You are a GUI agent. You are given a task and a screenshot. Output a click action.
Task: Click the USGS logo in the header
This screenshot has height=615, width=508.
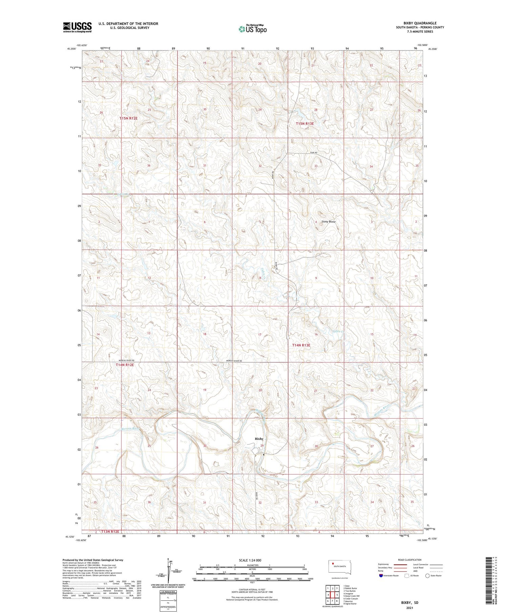pyautogui.click(x=77, y=27)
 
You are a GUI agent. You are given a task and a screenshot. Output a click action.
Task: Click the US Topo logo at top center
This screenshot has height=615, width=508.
pyautogui.click(x=252, y=29)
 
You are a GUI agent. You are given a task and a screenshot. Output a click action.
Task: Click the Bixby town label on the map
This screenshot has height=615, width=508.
pyautogui.click(x=259, y=439)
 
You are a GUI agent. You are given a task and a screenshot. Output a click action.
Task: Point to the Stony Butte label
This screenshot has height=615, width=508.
pyautogui.click(x=328, y=222)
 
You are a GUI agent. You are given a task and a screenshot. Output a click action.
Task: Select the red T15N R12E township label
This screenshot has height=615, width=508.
pyautogui.click(x=129, y=118)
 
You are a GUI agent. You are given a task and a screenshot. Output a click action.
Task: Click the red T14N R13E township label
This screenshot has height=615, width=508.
pyautogui.click(x=301, y=345)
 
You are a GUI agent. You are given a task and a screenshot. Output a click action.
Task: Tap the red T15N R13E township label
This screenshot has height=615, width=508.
pyautogui.click(x=305, y=123)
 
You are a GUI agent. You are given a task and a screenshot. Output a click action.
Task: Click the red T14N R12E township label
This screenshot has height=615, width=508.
pyautogui.click(x=125, y=365)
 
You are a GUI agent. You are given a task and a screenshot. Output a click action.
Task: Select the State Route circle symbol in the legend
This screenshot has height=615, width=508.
pyautogui.click(x=427, y=575)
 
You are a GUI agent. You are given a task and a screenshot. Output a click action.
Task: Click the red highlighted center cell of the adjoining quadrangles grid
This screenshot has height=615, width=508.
pyautogui.click(x=333, y=595)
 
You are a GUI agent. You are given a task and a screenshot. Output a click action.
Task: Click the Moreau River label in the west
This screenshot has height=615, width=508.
pyautogui.click(x=131, y=429)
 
